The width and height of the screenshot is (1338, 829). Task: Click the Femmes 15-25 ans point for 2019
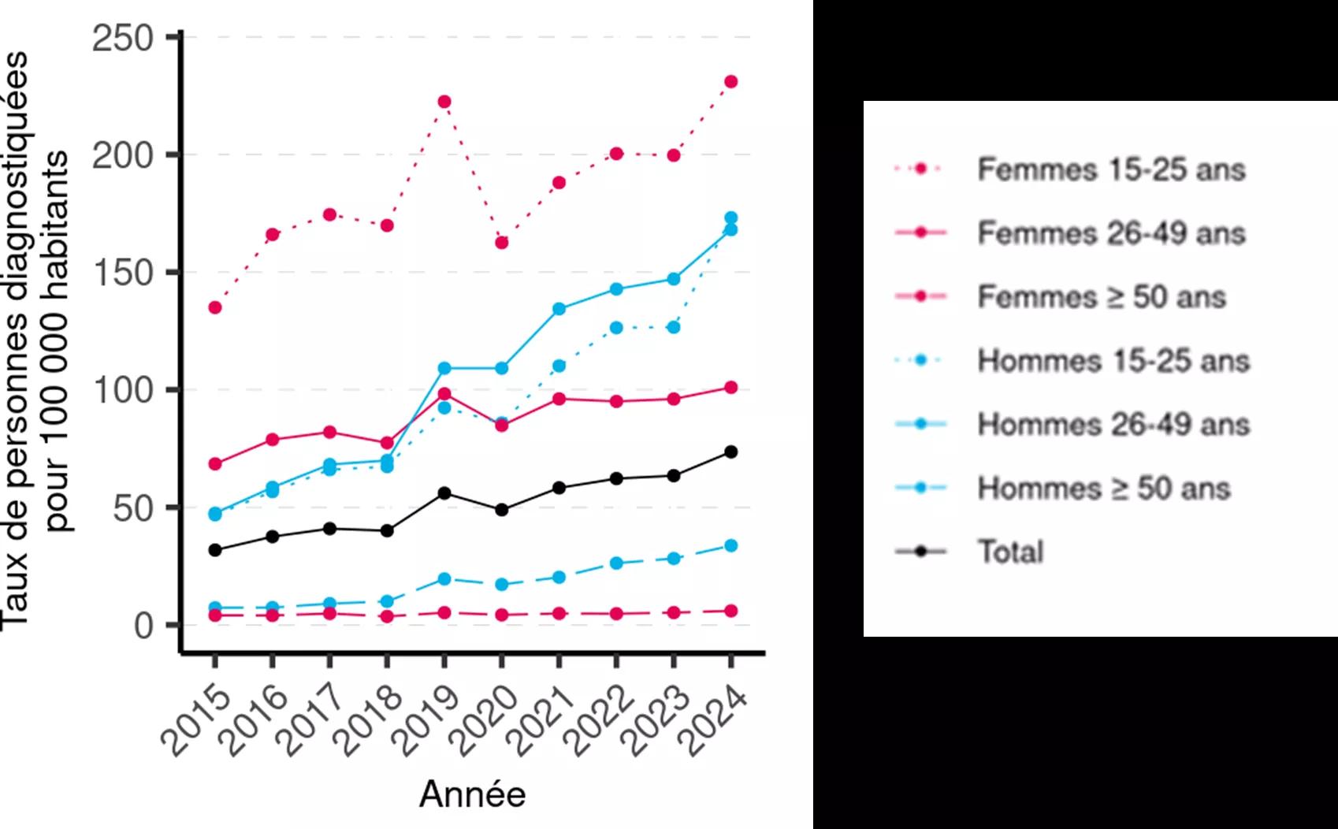coord(444,102)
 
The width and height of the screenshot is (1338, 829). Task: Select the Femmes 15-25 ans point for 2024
coord(731,82)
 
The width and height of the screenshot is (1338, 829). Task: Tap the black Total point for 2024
coord(731,452)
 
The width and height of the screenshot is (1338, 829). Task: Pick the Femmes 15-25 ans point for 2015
coord(214,307)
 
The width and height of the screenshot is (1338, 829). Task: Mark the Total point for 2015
coord(214,550)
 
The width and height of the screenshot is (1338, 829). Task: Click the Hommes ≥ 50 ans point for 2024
coord(731,545)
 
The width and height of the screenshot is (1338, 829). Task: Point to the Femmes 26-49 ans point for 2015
coord(214,464)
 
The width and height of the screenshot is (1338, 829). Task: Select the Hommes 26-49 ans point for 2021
coord(559,309)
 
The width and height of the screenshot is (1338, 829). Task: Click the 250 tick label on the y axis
coord(122,38)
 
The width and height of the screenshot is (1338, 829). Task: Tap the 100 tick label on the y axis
coord(122,390)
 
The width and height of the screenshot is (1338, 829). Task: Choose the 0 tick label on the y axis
coord(143,626)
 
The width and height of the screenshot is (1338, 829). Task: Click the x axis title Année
coord(472,794)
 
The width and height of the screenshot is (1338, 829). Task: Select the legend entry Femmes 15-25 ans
coord(1111,169)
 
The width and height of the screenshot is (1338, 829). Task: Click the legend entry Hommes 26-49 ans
coord(1113,424)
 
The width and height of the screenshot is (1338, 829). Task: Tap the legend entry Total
coord(1011,552)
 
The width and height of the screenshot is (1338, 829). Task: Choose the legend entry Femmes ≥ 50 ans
coord(1102,297)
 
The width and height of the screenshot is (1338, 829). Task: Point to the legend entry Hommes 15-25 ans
coord(1113,361)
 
